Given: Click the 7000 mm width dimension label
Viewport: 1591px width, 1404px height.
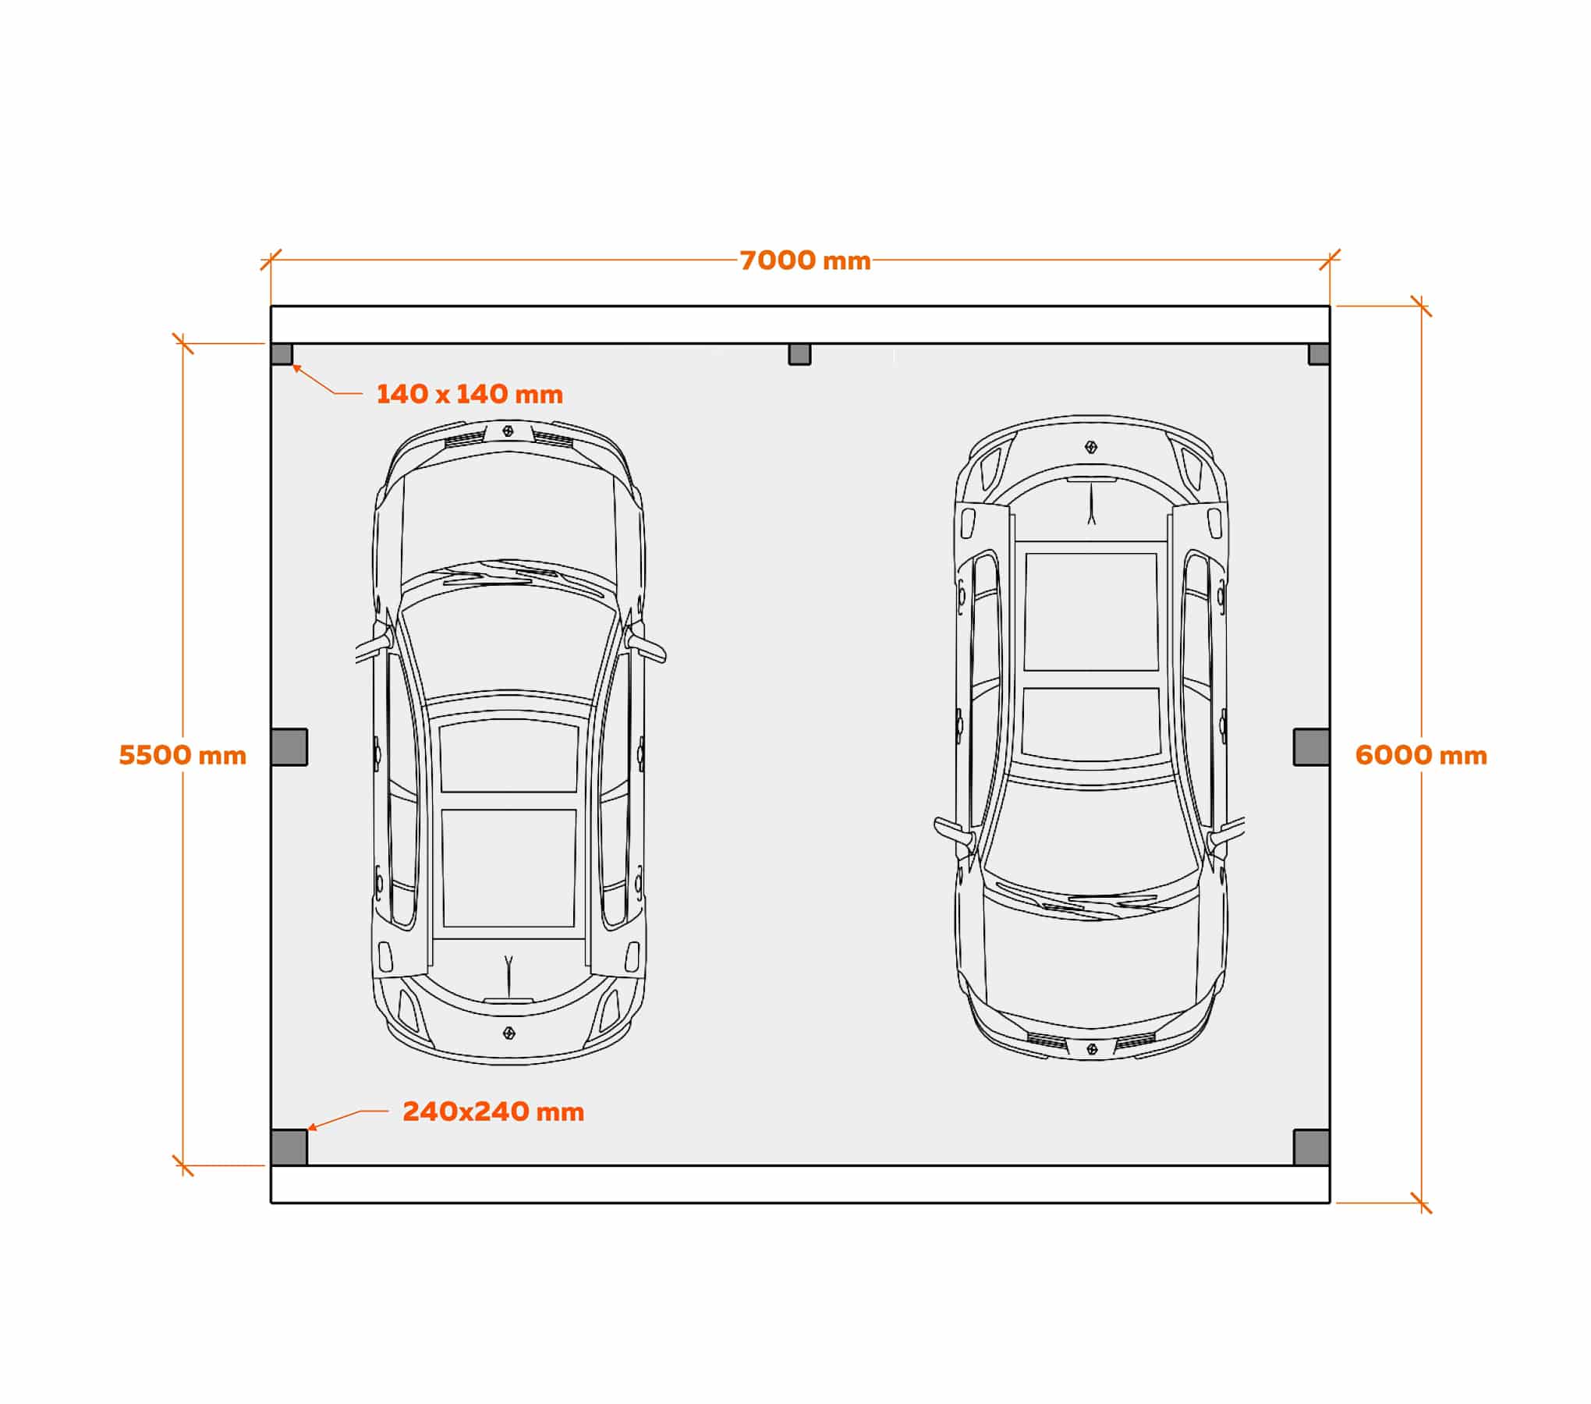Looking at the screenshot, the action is click(805, 261).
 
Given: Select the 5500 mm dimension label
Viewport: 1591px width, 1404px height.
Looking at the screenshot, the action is click(182, 755).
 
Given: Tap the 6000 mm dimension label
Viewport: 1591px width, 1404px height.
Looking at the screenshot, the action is click(1421, 755).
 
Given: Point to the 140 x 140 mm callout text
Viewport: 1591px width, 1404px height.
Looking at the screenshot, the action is click(470, 394).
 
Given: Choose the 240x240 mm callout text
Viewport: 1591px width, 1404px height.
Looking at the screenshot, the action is click(494, 1111).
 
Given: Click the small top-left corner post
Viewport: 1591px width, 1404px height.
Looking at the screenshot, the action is click(282, 354).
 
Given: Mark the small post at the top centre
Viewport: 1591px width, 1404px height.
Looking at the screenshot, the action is click(799, 354).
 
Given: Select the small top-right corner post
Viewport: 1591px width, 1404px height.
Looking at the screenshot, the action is click(1319, 354).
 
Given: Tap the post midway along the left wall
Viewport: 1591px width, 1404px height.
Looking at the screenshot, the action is click(289, 747).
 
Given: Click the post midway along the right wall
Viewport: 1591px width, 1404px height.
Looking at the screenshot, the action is click(1312, 747).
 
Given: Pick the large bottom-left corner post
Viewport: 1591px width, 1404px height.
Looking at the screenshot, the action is click(289, 1147).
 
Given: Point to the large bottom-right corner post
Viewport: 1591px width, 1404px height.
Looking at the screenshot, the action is click(1312, 1147).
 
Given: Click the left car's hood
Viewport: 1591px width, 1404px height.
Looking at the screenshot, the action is click(508, 511).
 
